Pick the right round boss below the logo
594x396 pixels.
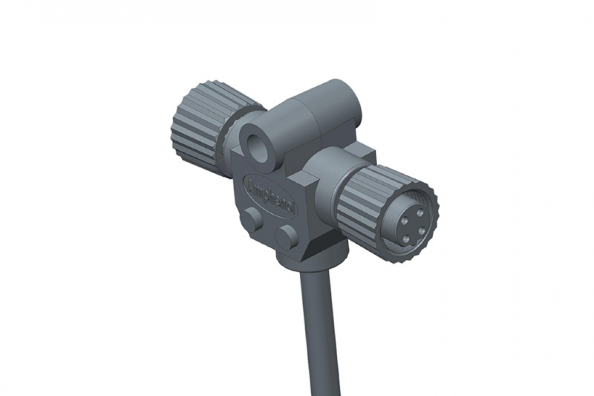[287, 236]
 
